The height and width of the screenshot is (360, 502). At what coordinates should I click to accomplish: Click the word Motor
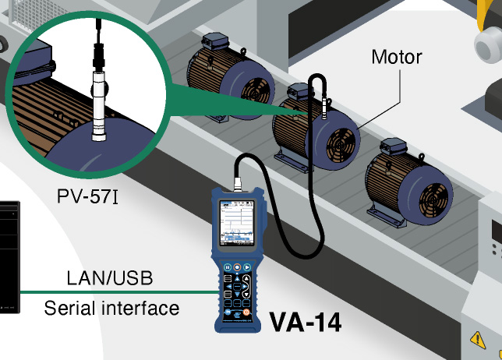point(397,57)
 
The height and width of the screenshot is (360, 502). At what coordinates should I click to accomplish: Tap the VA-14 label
point(305,322)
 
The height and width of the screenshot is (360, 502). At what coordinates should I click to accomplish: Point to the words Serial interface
point(111,308)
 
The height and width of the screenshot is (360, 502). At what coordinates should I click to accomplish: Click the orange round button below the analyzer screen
point(235,266)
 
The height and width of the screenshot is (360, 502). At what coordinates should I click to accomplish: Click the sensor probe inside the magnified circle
point(98,101)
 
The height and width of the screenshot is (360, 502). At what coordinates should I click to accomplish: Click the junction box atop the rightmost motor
point(396,146)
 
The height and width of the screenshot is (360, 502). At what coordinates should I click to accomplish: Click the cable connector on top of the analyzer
point(235,186)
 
